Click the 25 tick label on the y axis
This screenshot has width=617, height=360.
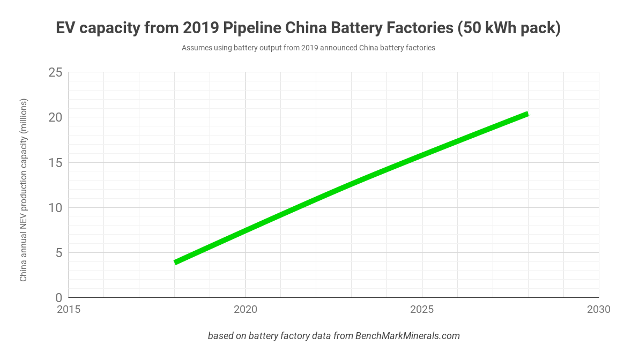[x=55, y=72]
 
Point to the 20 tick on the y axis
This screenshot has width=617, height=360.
[x=55, y=117]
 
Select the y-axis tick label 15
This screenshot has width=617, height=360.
[x=56, y=162]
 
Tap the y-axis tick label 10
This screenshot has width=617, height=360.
[x=56, y=207]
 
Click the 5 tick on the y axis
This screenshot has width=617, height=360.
[x=58, y=252]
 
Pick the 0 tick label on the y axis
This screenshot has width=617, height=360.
[x=58, y=297]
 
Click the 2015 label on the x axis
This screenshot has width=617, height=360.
[x=69, y=310]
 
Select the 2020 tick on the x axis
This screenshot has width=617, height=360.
[x=245, y=310]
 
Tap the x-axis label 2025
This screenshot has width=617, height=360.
[x=422, y=310]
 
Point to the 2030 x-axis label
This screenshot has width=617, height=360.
[x=598, y=310]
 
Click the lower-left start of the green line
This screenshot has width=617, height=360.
[x=175, y=262]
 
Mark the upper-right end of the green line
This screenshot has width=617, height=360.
[x=527, y=114]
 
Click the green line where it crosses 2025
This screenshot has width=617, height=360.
[x=422, y=155]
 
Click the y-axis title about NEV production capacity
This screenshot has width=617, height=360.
[x=24, y=190]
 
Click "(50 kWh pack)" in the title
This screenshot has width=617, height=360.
[x=509, y=28]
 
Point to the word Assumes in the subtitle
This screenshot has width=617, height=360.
[x=197, y=48]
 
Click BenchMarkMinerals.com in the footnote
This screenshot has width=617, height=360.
[x=407, y=336]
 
